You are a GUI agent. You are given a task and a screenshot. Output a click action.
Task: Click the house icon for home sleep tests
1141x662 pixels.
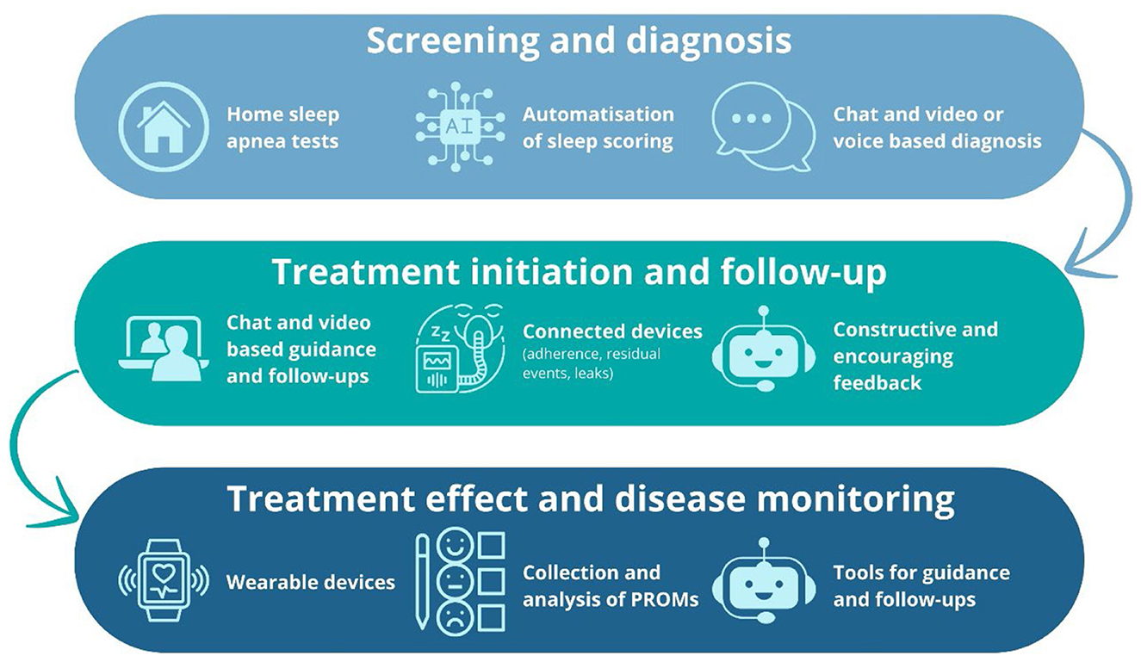(x=163, y=127)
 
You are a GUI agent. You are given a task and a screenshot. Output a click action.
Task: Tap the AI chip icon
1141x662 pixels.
(x=454, y=127)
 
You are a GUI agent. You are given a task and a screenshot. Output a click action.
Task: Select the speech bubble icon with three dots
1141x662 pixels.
(x=763, y=129)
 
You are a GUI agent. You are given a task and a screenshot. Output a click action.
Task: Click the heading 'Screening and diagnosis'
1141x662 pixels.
(x=578, y=40)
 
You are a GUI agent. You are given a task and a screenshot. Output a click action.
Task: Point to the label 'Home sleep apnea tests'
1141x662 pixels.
(x=282, y=127)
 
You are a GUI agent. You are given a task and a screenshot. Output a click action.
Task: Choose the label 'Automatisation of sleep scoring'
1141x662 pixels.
(x=598, y=127)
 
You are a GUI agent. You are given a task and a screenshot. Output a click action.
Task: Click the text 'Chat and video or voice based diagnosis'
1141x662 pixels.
(x=937, y=127)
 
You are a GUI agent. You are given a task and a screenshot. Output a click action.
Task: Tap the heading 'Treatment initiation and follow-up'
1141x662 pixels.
(x=579, y=271)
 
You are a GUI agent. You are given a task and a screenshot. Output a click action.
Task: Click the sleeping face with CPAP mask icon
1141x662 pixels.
(x=454, y=349)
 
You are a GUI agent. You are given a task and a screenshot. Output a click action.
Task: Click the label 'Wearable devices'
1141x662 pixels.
(x=310, y=583)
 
